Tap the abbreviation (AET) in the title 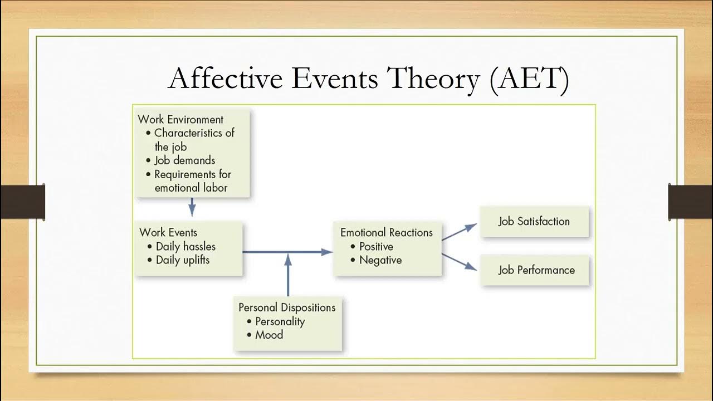529,79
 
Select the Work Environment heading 180,119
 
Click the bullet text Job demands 184,160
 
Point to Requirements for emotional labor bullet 192,181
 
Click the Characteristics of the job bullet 194,140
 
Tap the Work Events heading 168,232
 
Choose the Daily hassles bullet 185,246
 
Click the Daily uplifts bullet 182,260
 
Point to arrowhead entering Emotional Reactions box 328,252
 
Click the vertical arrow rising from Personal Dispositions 288,276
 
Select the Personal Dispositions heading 287,307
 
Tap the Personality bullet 280,321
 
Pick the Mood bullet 268,335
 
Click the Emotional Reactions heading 387,232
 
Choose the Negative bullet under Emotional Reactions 380,260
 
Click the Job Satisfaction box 534,221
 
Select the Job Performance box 536,270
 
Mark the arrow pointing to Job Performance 460,262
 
